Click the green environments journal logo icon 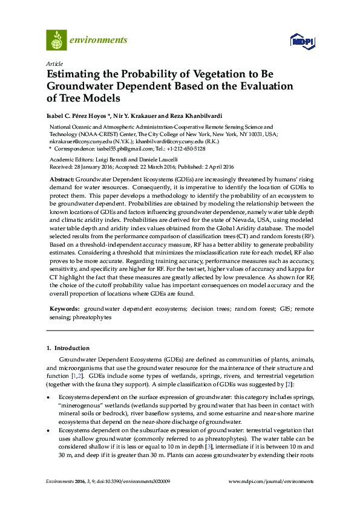coord(56,40)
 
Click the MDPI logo coord(303,42)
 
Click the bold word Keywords coord(64,308)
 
